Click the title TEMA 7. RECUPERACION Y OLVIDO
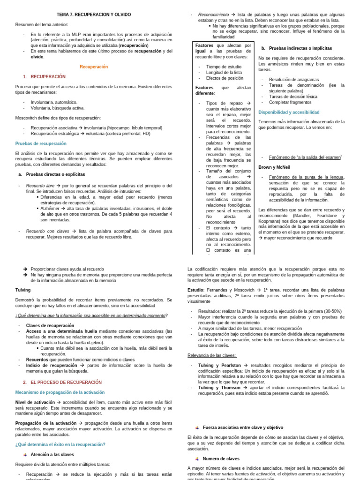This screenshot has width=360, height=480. point(94,15)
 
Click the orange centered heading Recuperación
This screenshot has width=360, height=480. point(94,67)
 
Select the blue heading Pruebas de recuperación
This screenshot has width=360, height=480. point(41,143)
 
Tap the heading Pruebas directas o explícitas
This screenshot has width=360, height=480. point(55,174)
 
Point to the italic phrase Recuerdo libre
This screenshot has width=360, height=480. point(40,186)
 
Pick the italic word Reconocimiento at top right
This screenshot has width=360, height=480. point(213,15)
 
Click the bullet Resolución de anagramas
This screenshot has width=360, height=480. point(294,80)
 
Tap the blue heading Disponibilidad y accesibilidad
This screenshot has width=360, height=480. point(289,112)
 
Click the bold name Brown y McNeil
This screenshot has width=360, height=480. point(274,167)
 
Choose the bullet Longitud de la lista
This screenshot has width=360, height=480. point(224,72)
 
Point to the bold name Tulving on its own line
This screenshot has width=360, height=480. point(23,290)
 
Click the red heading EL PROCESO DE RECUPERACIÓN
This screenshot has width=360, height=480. point(66,382)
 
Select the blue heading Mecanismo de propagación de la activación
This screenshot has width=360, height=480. point(60,392)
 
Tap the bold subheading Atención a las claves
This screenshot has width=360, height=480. point(52,454)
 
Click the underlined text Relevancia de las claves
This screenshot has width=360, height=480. point(212,355)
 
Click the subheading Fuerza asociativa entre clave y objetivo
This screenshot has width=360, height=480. point(243,427)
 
